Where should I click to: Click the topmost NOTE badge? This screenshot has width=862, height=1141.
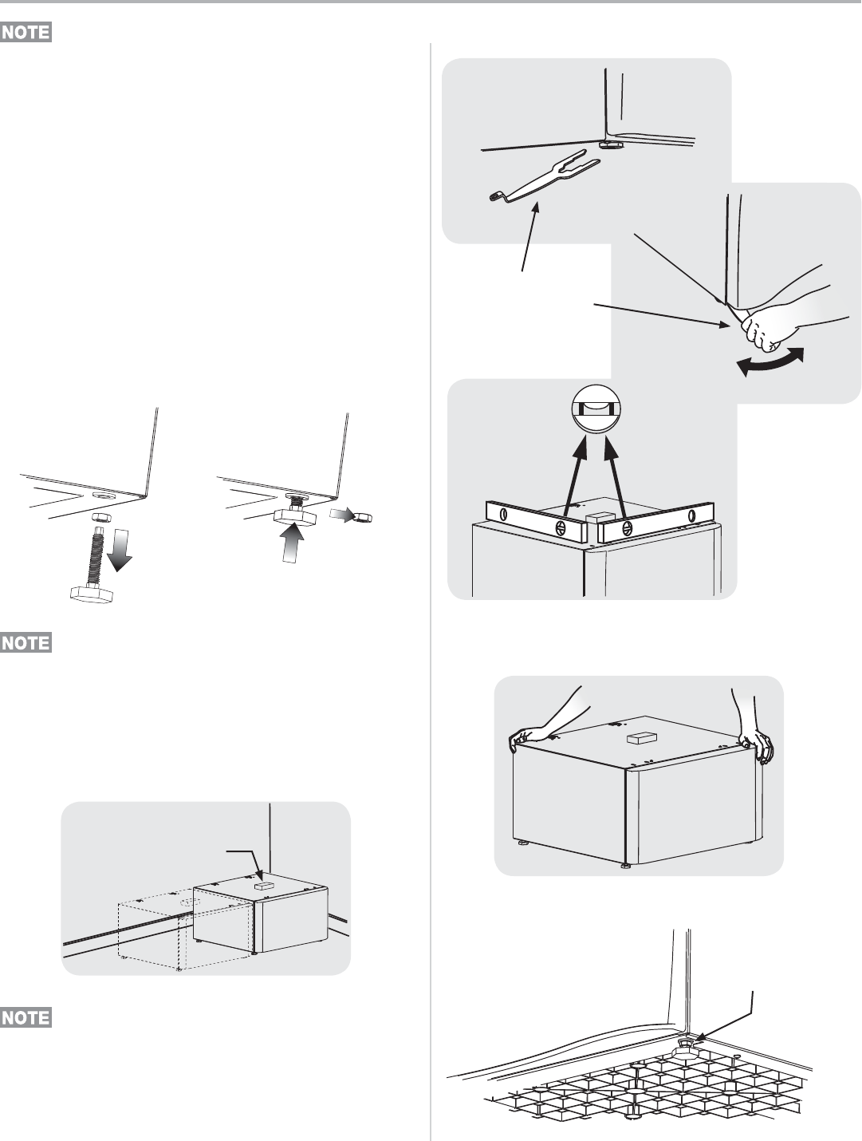point(26,33)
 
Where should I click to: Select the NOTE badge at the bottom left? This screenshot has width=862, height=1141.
point(26,1017)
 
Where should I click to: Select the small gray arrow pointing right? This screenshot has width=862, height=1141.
point(340,515)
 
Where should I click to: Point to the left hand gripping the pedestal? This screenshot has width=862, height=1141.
point(527,736)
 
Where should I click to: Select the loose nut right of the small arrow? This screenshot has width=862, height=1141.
point(361,518)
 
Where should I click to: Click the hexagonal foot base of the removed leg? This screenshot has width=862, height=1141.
point(90,594)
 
